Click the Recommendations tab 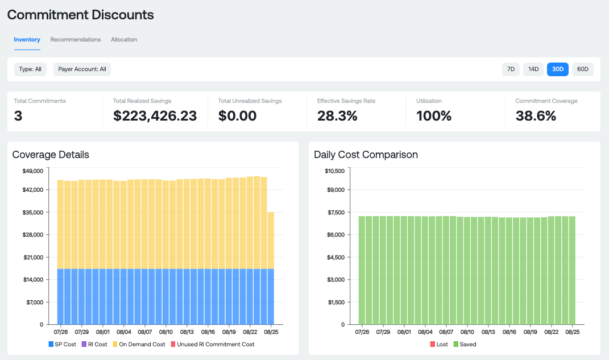point(76,40)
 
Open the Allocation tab point(124,40)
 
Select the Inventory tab point(27,40)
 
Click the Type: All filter point(30,69)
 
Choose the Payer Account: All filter point(82,69)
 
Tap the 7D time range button point(511,69)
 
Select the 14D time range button point(533,69)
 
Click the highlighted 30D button point(558,69)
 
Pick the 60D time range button point(583,69)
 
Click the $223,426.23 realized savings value point(155,116)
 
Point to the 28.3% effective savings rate point(337,116)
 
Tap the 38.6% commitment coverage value point(536,116)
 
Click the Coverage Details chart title point(51,155)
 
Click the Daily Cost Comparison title point(366,155)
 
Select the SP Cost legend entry point(63,344)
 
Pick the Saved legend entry point(465,344)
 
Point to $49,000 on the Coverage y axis point(33,171)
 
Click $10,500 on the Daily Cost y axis point(335,171)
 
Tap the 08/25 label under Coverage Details point(272,332)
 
